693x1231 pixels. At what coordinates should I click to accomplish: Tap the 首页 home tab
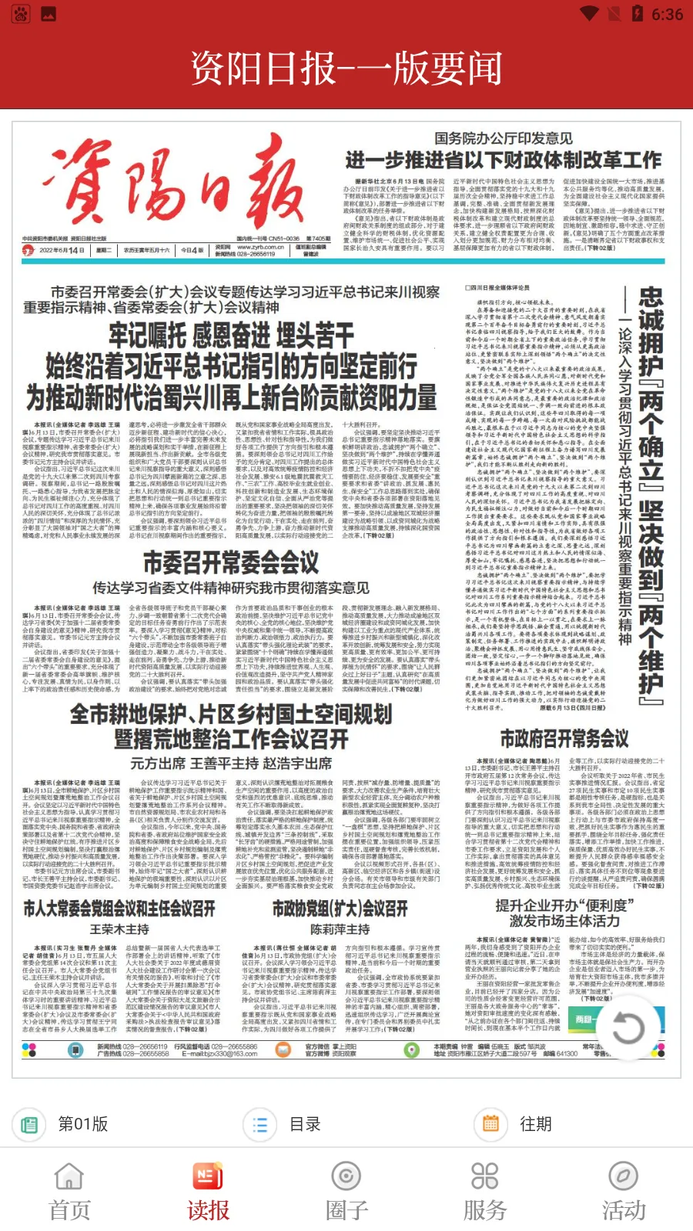tap(69, 1192)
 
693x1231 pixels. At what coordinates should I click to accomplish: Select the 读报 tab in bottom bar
tap(208, 1192)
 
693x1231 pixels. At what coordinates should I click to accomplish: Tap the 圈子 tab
tap(346, 1192)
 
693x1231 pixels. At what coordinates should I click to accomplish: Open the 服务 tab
tap(485, 1192)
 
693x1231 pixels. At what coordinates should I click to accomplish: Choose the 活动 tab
tap(624, 1192)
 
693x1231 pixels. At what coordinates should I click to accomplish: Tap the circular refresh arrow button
tap(628, 1027)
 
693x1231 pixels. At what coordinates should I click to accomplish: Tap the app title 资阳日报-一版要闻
tap(346, 68)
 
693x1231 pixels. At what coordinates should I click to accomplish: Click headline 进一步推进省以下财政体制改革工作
tap(503, 160)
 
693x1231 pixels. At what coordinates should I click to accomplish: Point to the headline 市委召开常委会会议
tap(231, 562)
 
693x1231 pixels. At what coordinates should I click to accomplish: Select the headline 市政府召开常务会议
tap(564, 739)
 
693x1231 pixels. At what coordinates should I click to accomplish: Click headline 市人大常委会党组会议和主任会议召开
tap(119, 909)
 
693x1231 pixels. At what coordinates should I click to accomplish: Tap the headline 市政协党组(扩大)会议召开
tap(340, 909)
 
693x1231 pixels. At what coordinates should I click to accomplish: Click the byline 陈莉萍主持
tap(340, 929)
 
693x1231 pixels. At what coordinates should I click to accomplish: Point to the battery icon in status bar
tap(637, 14)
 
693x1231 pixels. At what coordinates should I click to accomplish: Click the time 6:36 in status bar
tap(667, 15)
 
